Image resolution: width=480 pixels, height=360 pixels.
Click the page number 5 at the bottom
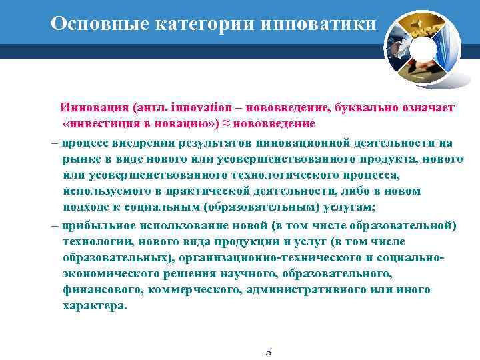click(268, 351)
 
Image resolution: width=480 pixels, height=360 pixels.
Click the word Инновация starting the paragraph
click(94, 107)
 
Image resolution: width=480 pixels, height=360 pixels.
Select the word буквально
click(366, 107)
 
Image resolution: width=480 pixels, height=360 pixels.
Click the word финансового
click(99, 290)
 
